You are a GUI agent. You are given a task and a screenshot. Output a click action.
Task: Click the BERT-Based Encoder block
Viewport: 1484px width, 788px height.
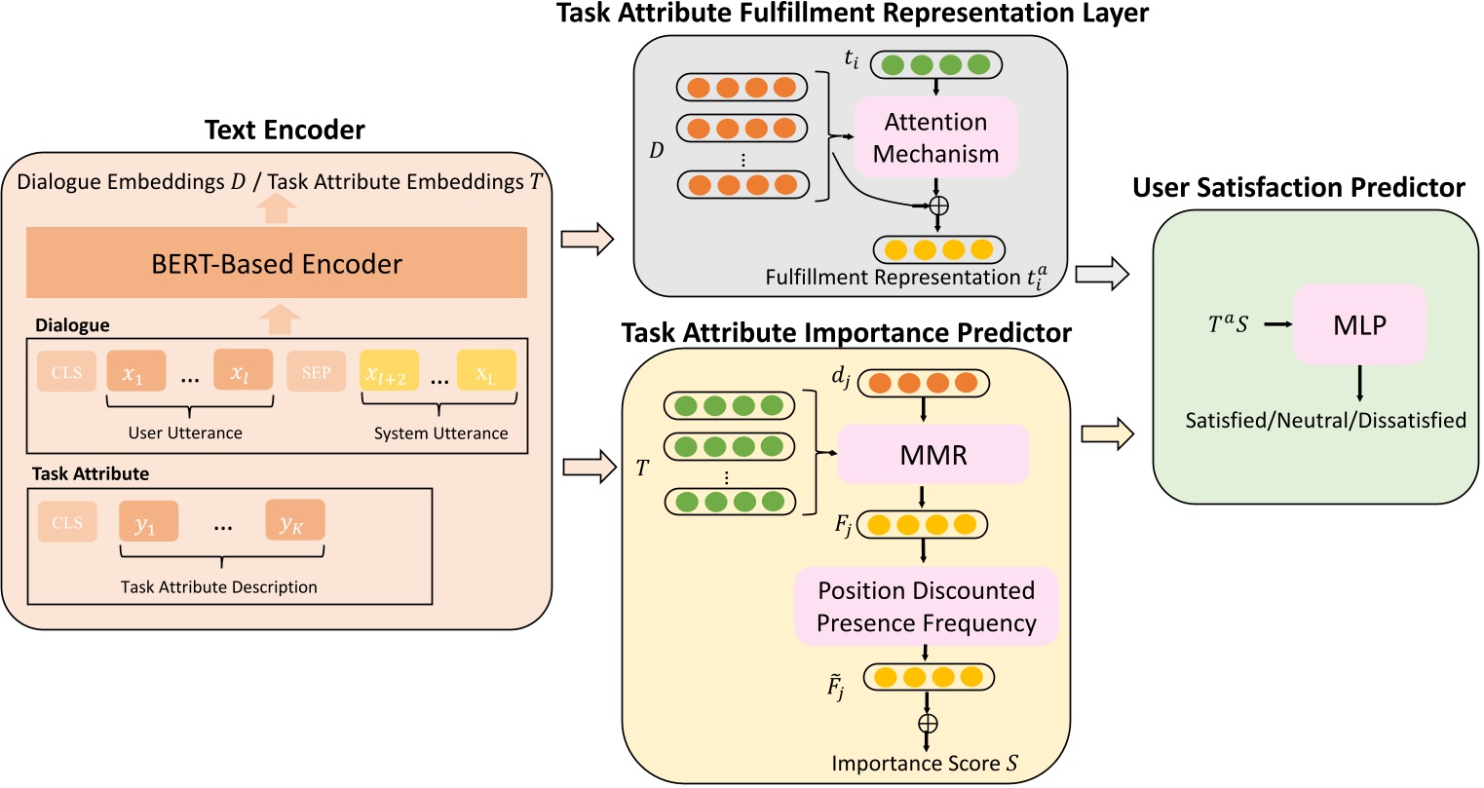pyautogui.click(x=277, y=263)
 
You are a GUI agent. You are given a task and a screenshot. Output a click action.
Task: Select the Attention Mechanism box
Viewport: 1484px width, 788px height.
pyautogui.click(x=935, y=137)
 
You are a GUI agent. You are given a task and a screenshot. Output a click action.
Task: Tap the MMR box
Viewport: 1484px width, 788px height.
pyautogui.click(x=933, y=454)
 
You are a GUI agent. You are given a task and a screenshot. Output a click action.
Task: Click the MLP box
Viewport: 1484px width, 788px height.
pyautogui.click(x=1359, y=325)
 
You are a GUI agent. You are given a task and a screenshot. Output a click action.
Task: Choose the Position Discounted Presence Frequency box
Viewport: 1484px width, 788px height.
pyautogui.click(x=926, y=607)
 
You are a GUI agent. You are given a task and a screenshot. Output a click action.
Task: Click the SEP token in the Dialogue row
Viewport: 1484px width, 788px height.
pyautogui.click(x=316, y=373)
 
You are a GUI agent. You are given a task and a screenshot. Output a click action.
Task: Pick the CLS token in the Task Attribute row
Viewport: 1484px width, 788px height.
pyautogui.click(x=67, y=523)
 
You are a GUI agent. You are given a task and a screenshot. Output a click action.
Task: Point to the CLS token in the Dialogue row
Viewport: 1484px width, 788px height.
pyautogui.click(x=67, y=373)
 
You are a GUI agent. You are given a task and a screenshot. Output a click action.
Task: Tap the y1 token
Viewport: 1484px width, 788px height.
pyautogui.click(x=148, y=523)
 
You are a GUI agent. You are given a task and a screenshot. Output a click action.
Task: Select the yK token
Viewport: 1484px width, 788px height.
pyautogui.click(x=294, y=523)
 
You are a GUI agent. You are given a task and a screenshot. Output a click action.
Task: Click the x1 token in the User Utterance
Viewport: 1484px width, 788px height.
pyautogui.click(x=135, y=373)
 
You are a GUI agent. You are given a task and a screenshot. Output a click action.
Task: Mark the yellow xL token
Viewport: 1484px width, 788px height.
pyautogui.click(x=486, y=373)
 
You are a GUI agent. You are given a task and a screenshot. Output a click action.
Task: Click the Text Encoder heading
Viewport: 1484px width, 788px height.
pyautogui.click(x=285, y=131)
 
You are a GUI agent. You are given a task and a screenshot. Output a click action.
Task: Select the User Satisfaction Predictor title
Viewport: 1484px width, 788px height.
pyautogui.click(x=1298, y=187)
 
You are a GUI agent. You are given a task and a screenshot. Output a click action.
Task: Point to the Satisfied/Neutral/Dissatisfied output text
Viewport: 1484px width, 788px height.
pyautogui.click(x=1325, y=421)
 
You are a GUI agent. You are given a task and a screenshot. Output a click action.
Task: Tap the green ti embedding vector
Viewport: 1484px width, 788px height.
pyautogui.click(x=935, y=65)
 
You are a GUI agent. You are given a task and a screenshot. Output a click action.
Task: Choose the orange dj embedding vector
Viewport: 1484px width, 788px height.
pyautogui.click(x=923, y=384)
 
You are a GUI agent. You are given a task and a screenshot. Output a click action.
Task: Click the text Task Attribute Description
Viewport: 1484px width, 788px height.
pyautogui.click(x=219, y=587)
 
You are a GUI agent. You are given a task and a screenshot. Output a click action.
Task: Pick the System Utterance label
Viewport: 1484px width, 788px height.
pyautogui.click(x=440, y=433)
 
